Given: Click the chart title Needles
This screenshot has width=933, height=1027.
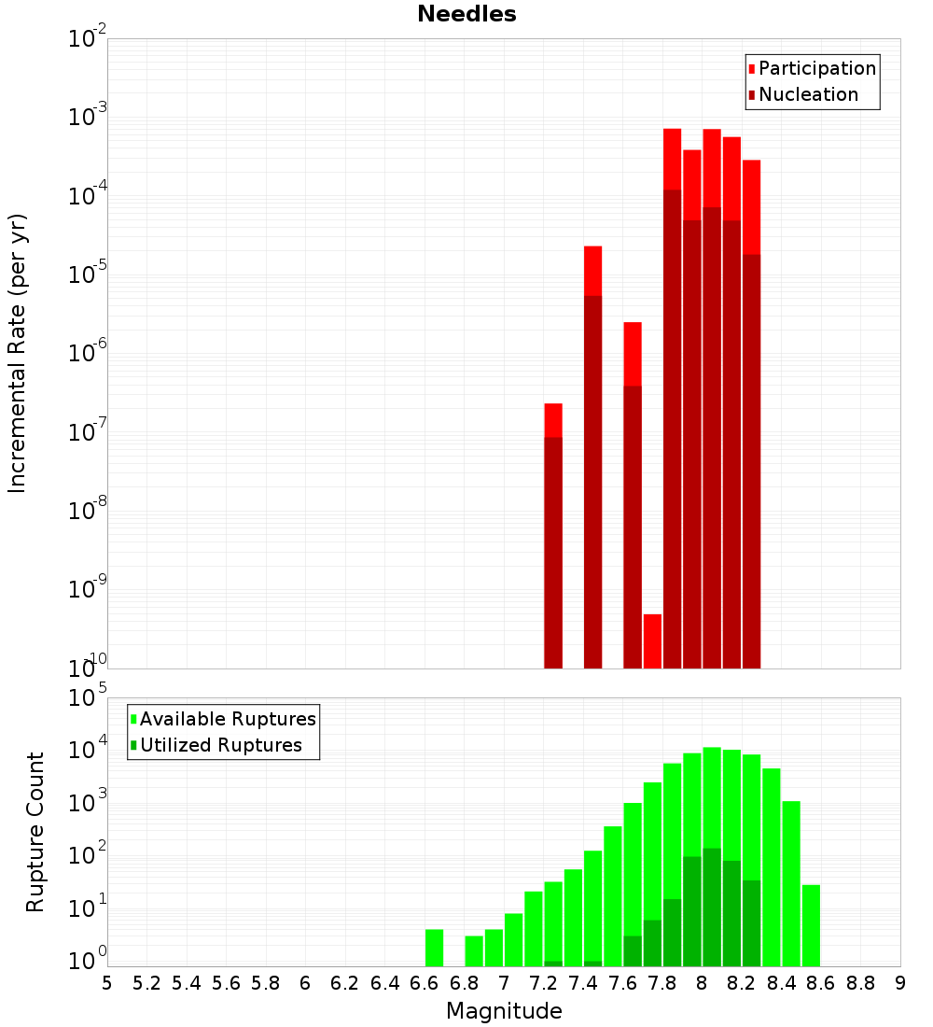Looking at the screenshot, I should pyautogui.click(x=466, y=14).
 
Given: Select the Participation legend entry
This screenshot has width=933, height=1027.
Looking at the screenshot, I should pyautogui.click(x=812, y=68).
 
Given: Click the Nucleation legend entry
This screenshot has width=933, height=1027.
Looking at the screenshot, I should pyautogui.click(x=802, y=94).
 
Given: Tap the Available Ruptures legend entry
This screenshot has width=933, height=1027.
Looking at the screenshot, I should pyautogui.click(x=223, y=719).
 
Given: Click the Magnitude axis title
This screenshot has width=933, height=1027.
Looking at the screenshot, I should pyautogui.click(x=504, y=1011).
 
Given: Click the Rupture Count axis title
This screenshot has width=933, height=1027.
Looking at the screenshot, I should pyautogui.click(x=35, y=832).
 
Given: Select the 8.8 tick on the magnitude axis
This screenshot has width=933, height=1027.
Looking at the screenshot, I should pyautogui.click(x=860, y=982).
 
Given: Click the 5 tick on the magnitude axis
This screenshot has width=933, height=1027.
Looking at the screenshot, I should pyautogui.click(x=107, y=982).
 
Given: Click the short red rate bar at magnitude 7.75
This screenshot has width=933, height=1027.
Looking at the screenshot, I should pyautogui.click(x=652, y=640).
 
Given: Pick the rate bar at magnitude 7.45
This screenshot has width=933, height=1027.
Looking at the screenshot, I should pyautogui.click(x=592, y=457).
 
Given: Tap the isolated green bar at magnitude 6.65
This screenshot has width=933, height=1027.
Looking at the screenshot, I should pyautogui.click(x=435, y=948).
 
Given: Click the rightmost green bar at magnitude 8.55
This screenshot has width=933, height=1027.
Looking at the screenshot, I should pyautogui.click(x=811, y=925).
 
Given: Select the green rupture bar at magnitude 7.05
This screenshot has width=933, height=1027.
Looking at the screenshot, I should pyautogui.click(x=514, y=939).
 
